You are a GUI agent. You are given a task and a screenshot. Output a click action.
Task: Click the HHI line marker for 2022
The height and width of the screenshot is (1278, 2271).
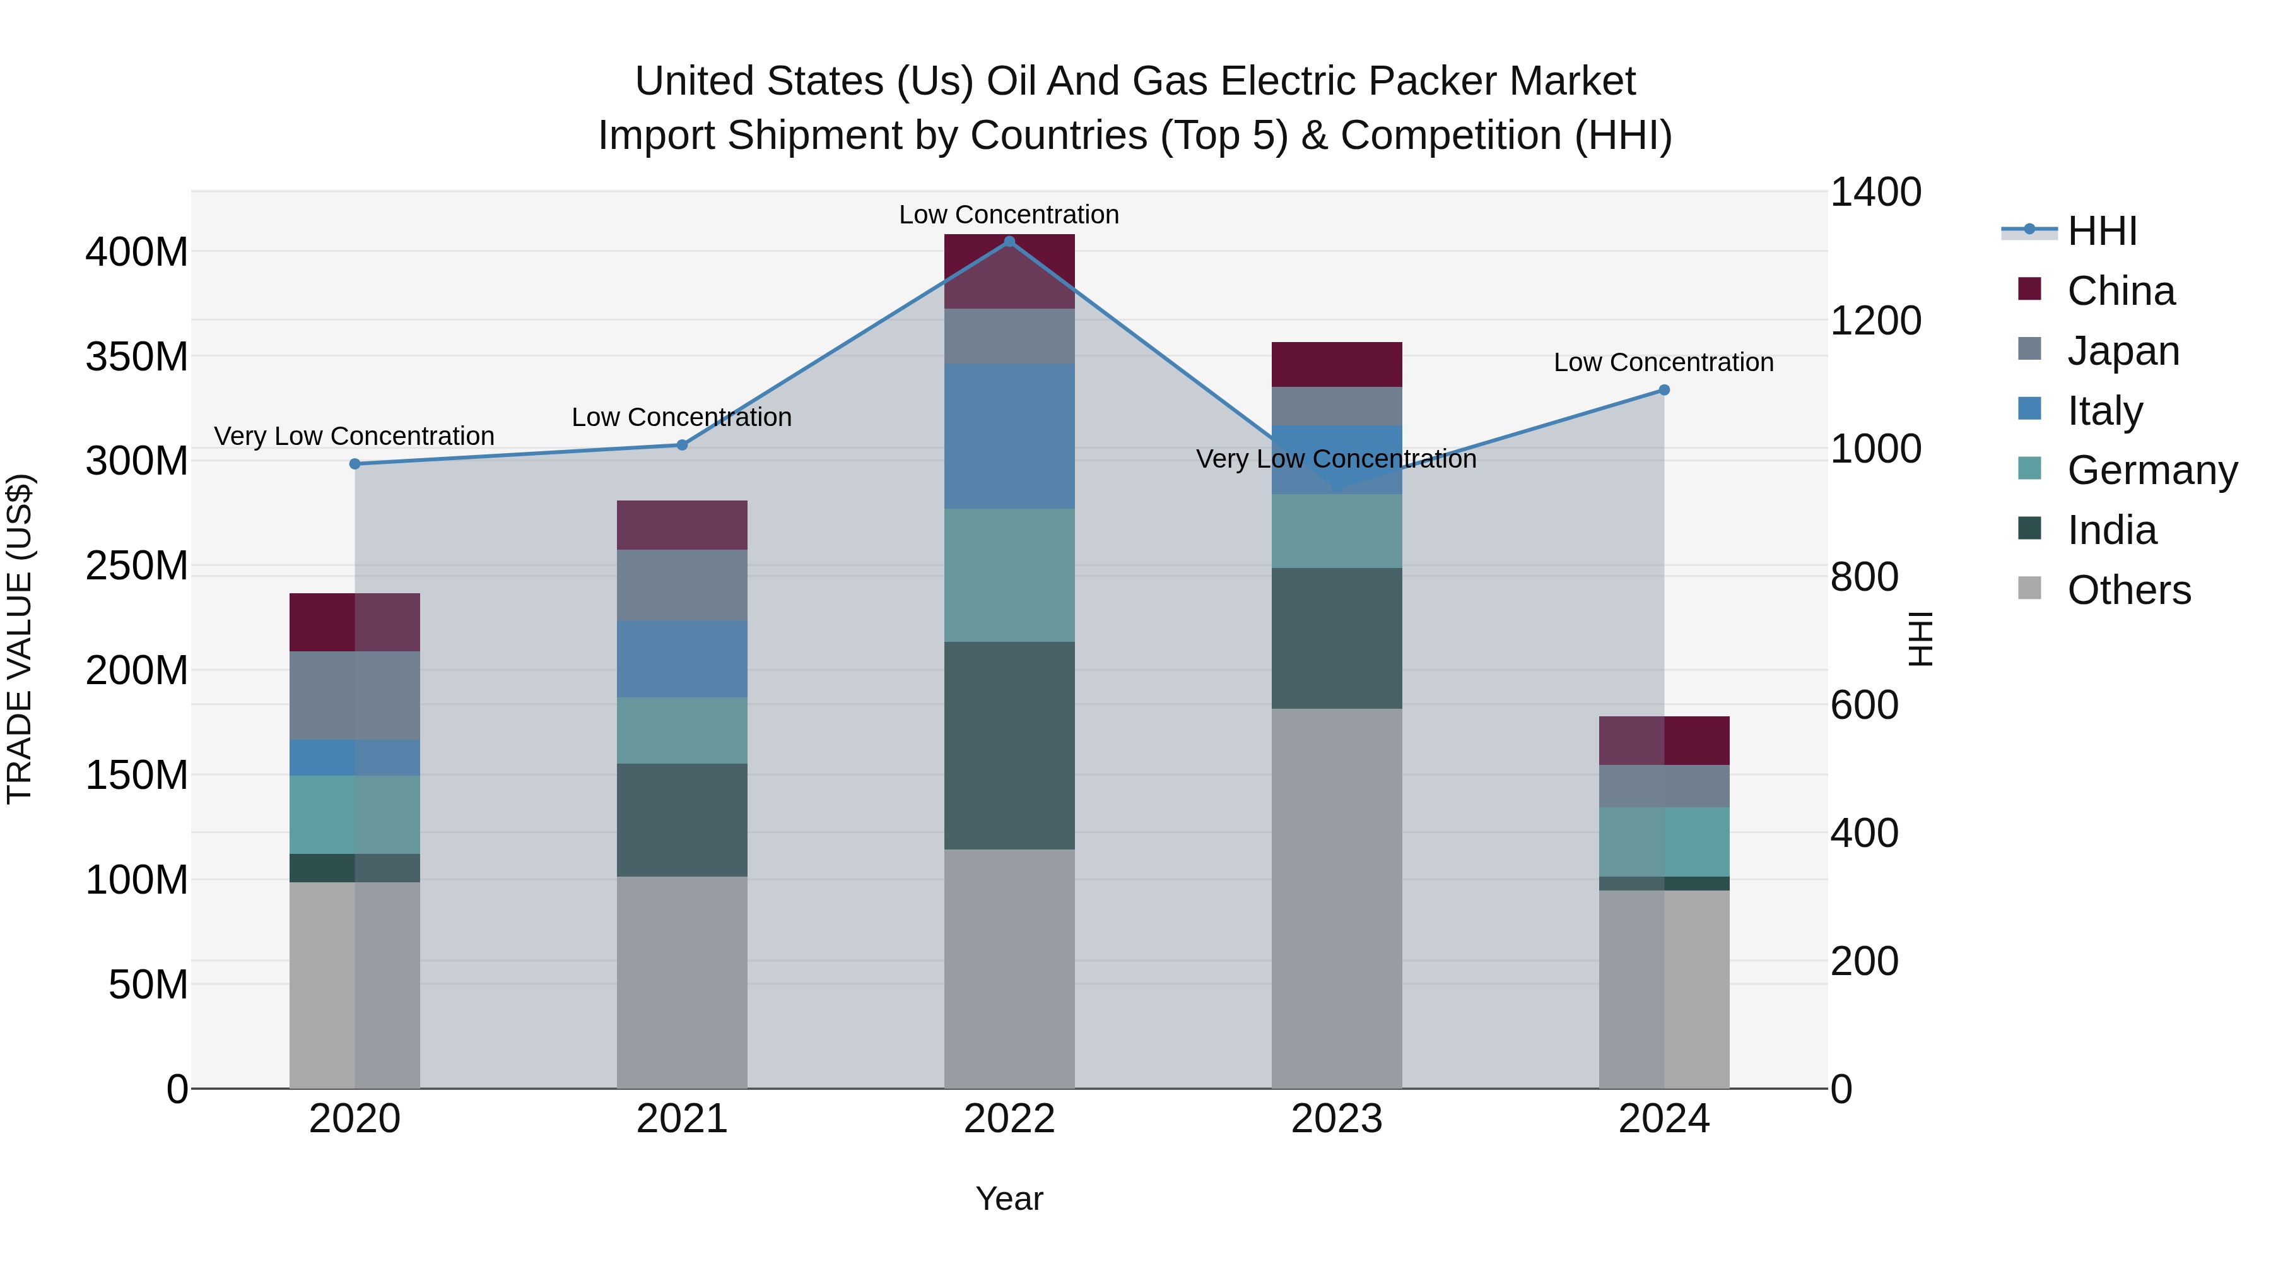(1009, 242)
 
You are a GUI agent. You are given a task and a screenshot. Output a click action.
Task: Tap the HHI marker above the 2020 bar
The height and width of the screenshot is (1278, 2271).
(355, 464)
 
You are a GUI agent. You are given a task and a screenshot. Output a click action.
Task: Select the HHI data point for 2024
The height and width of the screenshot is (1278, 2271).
(1664, 390)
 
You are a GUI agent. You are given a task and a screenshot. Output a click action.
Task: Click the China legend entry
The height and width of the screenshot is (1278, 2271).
(2120, 291)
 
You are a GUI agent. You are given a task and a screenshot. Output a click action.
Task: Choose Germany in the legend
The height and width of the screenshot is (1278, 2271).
(2151, 470)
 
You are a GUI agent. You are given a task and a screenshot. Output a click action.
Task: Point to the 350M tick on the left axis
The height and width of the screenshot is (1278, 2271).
(137, 357)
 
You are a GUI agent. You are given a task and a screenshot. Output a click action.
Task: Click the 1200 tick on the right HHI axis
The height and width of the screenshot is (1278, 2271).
(1875, 321)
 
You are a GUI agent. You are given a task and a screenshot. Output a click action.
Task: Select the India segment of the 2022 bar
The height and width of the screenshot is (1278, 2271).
(1009, 745)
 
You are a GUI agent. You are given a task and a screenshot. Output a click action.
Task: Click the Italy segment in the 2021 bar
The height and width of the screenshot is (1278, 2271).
(681, 659)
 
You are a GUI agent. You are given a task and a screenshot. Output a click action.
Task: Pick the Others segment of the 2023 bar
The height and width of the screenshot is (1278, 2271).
(1337, 898)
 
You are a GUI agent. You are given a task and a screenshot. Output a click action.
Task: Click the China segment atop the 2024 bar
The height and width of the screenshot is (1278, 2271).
(1664, 740)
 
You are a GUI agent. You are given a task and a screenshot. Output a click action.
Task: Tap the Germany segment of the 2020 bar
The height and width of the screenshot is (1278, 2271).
(355, 814)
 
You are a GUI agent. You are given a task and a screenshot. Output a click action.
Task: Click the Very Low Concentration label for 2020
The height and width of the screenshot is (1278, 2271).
(355, 437)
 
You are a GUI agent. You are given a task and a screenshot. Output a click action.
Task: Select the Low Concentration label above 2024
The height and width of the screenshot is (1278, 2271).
(1663, 362)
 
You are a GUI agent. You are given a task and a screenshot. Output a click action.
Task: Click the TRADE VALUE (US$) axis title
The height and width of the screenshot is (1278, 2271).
(20, 639)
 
